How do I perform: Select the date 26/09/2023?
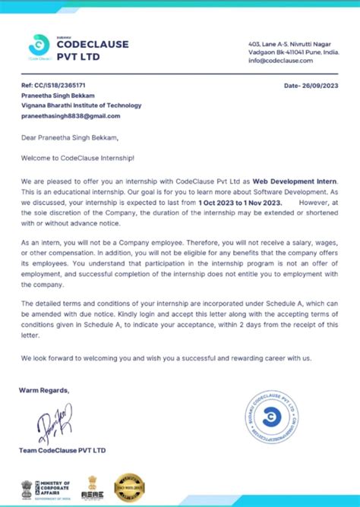311,86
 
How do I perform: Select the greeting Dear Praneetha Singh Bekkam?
70,138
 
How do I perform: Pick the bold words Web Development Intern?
295,182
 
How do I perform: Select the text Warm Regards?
45,390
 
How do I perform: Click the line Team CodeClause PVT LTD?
62,450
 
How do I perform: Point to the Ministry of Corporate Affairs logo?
47,487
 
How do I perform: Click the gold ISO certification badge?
129,486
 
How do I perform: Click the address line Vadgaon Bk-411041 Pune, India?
294,52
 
